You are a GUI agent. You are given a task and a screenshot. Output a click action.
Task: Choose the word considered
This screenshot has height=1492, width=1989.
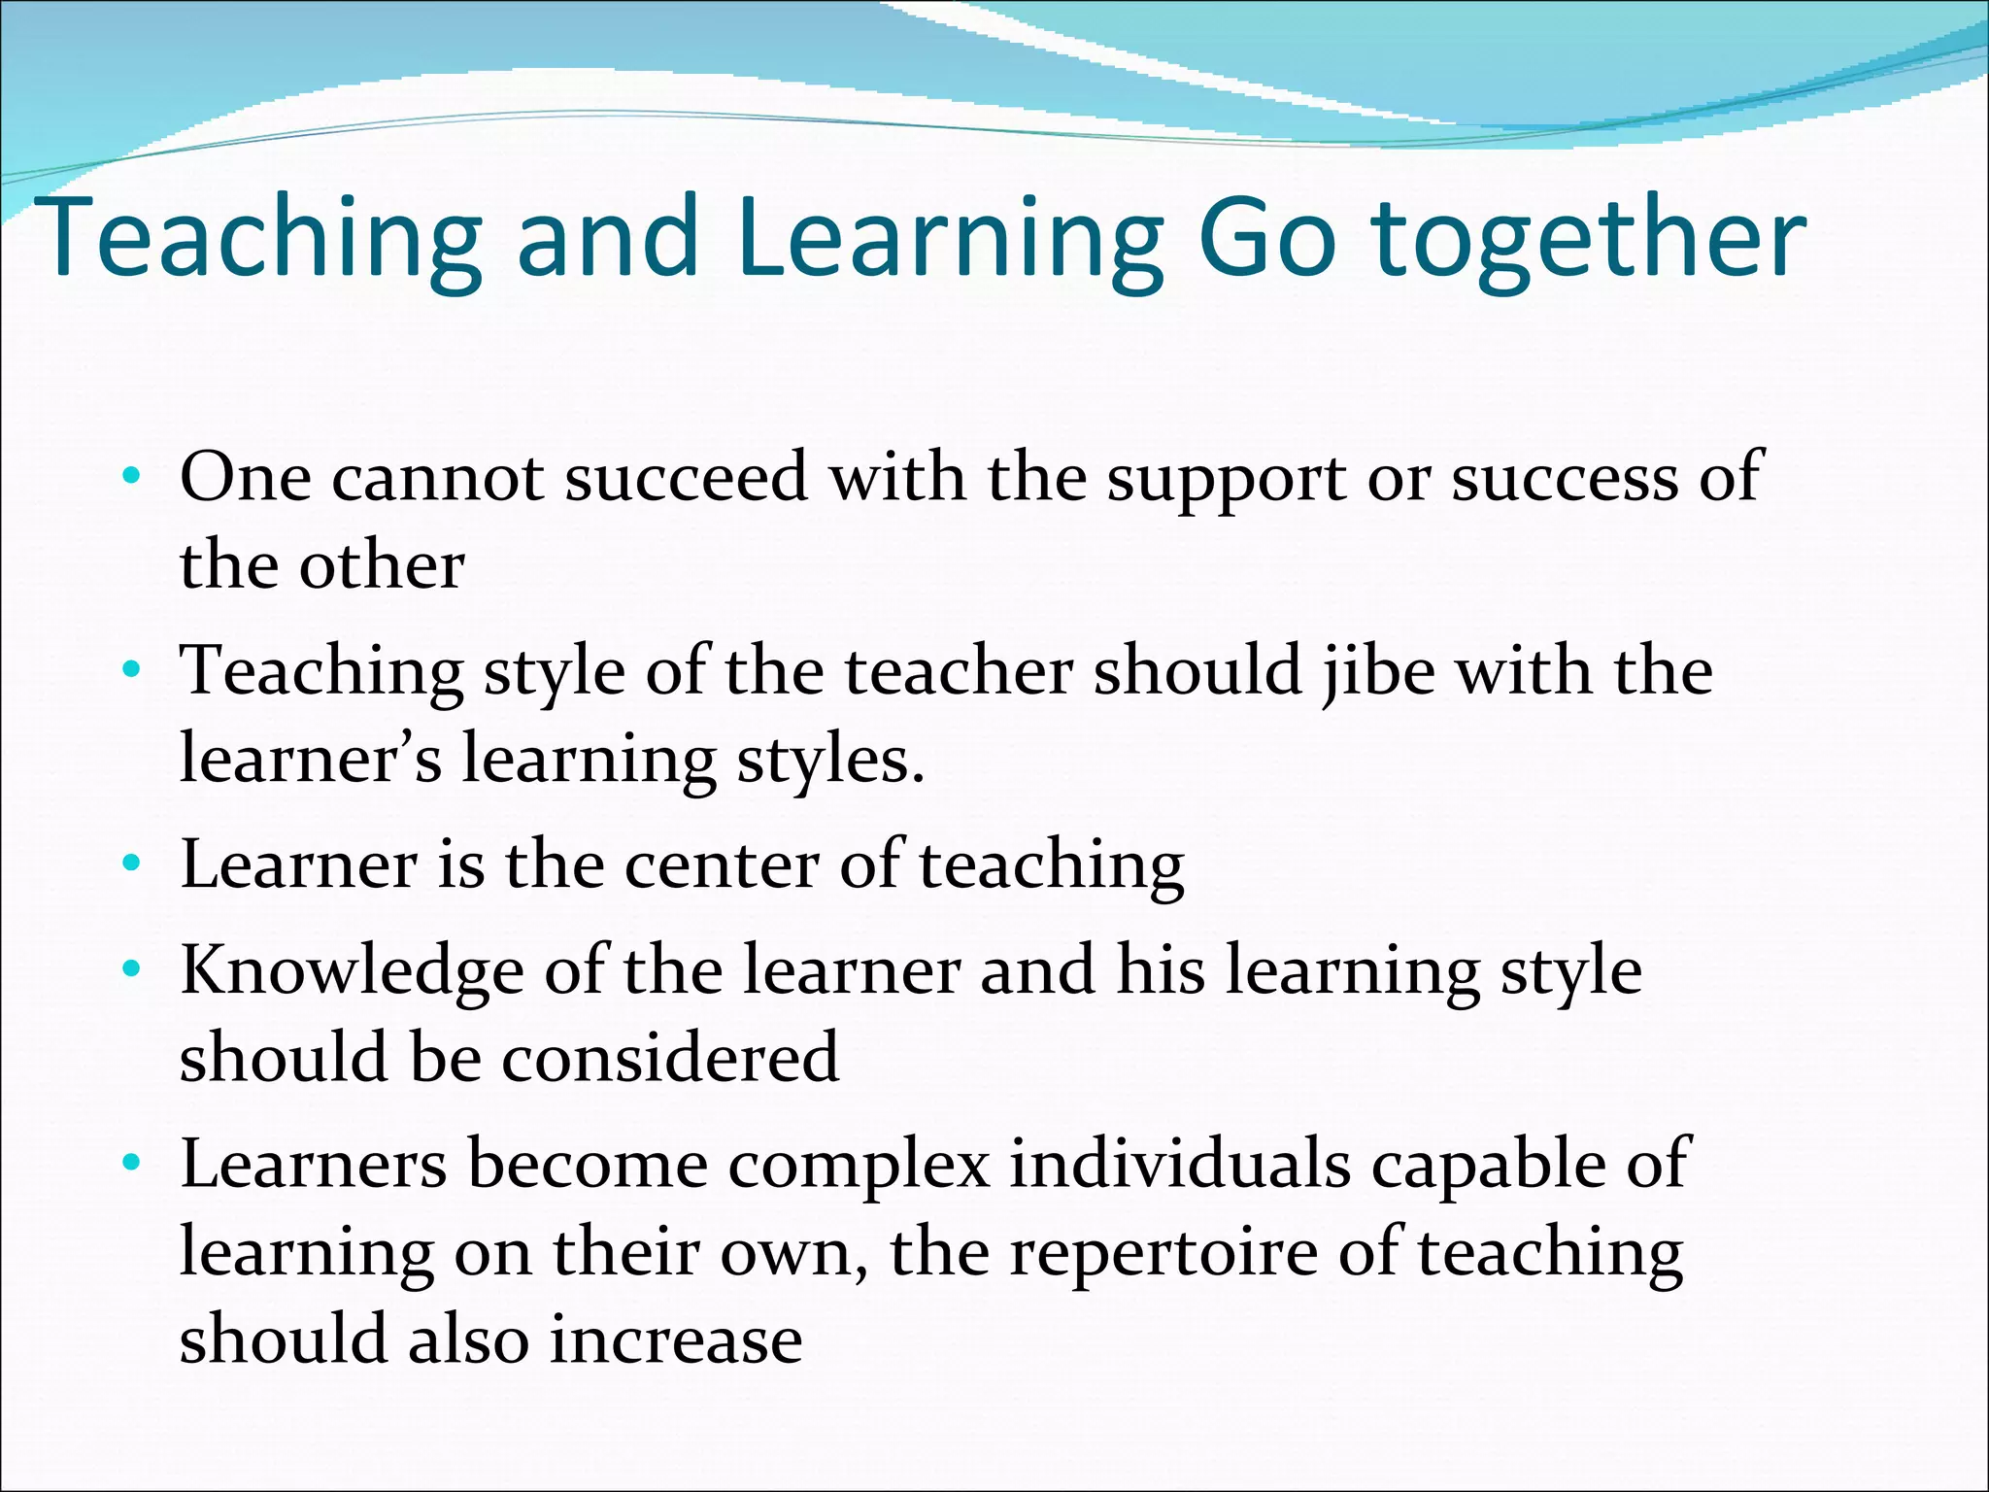coord(670,1057)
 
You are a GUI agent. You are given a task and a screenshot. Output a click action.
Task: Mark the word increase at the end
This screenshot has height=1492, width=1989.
coord(676,1339)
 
